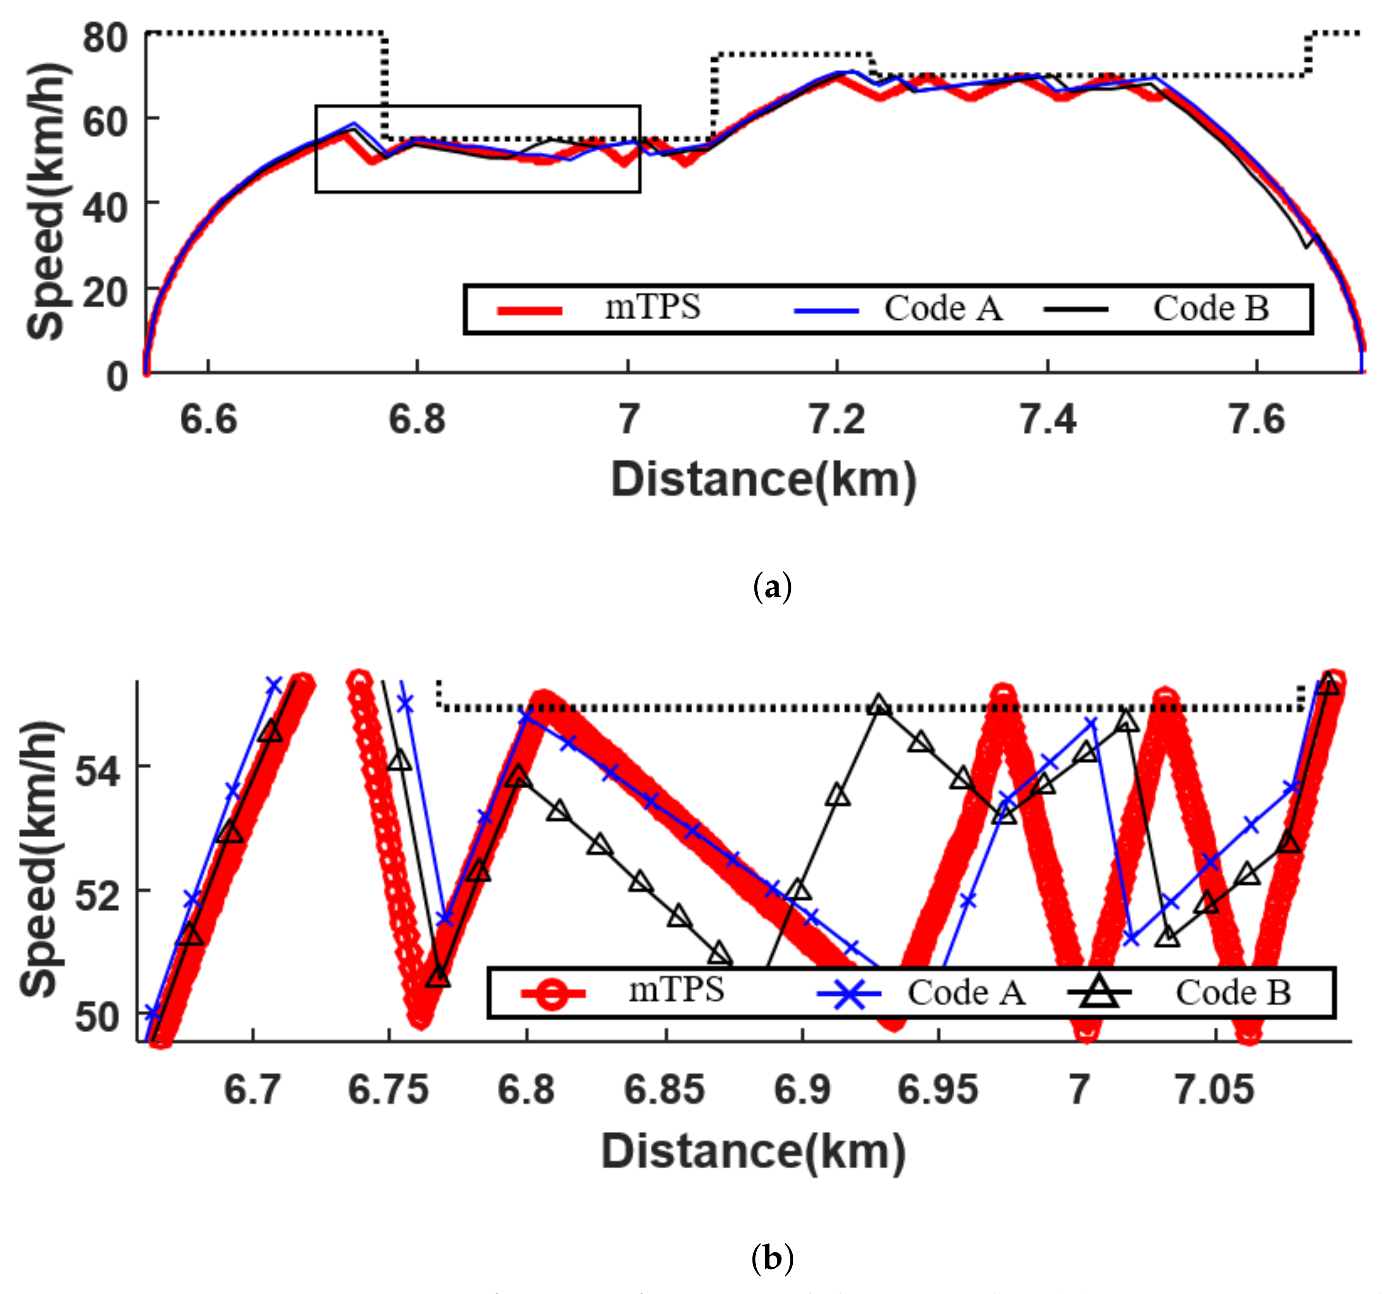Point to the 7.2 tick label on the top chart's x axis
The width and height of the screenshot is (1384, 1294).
(x=837, y=420)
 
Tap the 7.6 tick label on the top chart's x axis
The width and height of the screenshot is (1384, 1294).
(x=1256, y=420)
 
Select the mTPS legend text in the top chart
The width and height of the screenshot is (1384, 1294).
(x=652, y=307)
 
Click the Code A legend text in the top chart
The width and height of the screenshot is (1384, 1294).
(x=944, y=308)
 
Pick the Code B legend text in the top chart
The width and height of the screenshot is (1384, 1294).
(x=1211, y=308)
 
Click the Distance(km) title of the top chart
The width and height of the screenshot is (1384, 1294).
(x=764, y=481)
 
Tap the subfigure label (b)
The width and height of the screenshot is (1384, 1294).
(x=772, y=1258)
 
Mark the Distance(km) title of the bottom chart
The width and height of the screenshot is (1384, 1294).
(x=753, y=1151)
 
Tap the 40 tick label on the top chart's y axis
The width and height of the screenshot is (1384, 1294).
(x=105, y=206)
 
